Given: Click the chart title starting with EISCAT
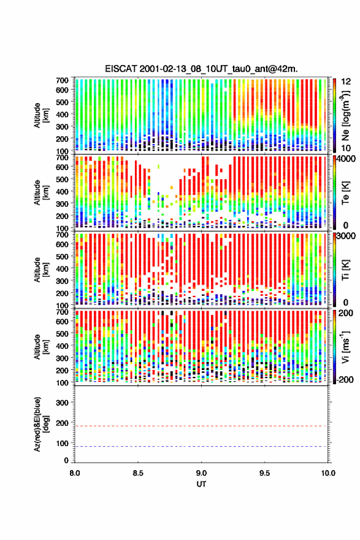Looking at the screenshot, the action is pos(201,69).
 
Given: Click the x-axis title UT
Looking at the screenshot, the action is pos(201,484).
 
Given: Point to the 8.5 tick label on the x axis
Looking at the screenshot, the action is pos(138,473).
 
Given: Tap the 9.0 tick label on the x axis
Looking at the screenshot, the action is pos(201,473).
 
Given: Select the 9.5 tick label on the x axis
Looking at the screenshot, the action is pos(265,473).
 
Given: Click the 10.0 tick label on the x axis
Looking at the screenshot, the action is pos(328,473).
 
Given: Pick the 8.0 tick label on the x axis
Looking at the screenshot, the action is pos(75,473).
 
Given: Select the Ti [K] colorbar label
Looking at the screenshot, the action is pos(345,269).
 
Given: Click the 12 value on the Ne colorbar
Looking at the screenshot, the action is pos(347,82).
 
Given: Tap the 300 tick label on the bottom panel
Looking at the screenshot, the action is pos(62,403).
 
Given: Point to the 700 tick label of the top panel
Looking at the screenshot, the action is pos(62,80).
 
